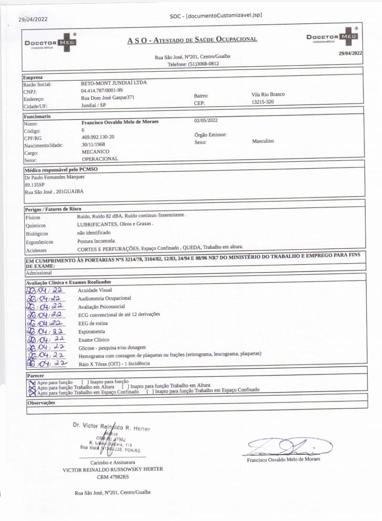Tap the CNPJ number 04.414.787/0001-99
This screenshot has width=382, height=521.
pos(102,91)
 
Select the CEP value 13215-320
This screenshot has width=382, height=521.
pos(263,101)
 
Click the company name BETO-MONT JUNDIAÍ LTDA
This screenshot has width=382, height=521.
pos(114,83)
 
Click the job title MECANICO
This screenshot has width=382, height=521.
pos(95,152)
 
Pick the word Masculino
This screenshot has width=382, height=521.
pos(263,141)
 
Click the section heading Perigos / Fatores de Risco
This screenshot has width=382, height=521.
pos(53,210)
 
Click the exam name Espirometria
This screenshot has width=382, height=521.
pos(92,331)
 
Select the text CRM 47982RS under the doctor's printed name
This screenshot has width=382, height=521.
pos(112,476)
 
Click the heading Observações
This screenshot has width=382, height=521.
pos(41,403)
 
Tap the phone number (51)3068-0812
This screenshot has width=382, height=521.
pos(203,64)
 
